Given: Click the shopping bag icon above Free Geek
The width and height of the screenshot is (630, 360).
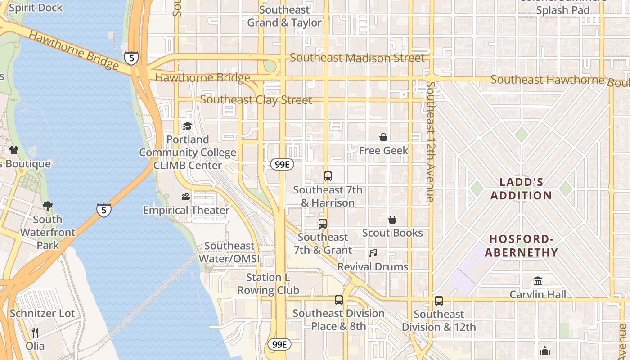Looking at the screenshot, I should (383, 137).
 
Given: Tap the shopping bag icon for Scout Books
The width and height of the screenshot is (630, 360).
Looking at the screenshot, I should (392, 220).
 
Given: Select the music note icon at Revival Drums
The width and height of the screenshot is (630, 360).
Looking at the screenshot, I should (373, 253).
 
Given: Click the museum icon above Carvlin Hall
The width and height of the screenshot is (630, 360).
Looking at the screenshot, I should (538, 281).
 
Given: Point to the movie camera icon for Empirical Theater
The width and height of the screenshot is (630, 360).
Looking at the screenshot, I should (186, 197).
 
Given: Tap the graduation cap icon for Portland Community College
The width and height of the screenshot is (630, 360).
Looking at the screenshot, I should (187, 126).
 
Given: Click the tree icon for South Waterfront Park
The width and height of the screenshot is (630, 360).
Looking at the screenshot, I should (47, 206).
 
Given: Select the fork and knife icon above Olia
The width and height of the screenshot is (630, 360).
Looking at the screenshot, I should (35, 333).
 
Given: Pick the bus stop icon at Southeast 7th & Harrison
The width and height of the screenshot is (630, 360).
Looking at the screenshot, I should (328, 176).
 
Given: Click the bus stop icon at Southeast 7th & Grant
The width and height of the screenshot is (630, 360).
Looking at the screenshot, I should (323, 223).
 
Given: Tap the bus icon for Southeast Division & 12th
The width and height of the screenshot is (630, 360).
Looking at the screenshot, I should (439, 301).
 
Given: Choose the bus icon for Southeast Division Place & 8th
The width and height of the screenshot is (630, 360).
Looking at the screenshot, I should (339, 300).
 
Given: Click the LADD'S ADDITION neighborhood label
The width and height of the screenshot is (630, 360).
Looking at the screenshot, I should (521, 189).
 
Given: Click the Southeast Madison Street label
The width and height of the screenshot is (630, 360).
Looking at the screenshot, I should (357, 58).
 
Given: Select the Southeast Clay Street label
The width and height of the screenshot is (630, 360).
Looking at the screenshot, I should (256, 100).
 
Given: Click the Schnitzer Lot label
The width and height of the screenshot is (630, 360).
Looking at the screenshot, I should (42, 313).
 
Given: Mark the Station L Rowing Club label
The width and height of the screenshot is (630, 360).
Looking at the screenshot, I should (268, 284).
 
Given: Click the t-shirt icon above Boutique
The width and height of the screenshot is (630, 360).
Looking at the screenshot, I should (14, 150).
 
